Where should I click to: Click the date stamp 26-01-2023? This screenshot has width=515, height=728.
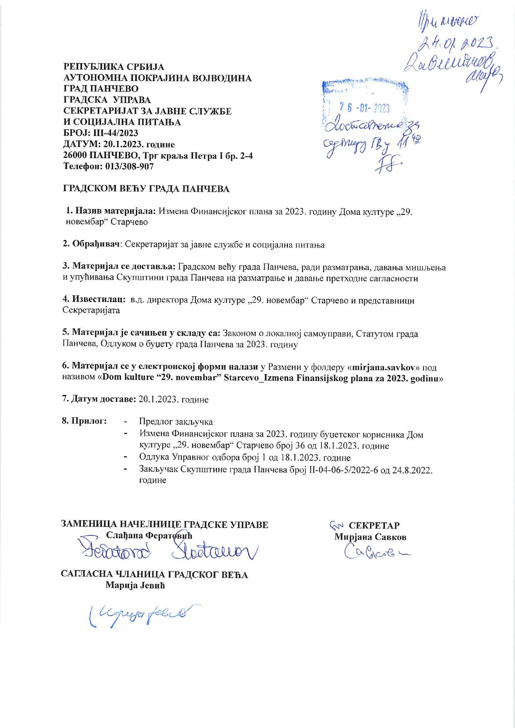pyautogui.click(x=365, y=108)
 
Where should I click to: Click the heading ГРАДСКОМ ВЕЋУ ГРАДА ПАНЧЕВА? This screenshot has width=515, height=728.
pyautogui.click(x=146, y=189)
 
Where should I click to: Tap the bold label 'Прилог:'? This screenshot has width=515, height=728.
pyautogui.click(x=84, y=421)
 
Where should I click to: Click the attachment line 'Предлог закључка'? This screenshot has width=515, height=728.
pyautogui.click(x=176, y=421)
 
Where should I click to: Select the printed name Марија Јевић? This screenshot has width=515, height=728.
pyautogui.click(x=135, y=586)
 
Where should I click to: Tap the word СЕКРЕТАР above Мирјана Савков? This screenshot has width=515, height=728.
pyautogui.click(x=374, y=525)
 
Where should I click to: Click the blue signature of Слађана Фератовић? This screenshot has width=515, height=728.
pyautogui.click(x=166, y=550)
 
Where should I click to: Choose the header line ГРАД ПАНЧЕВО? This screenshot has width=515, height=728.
pyautogui.click(x=101, y=89)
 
